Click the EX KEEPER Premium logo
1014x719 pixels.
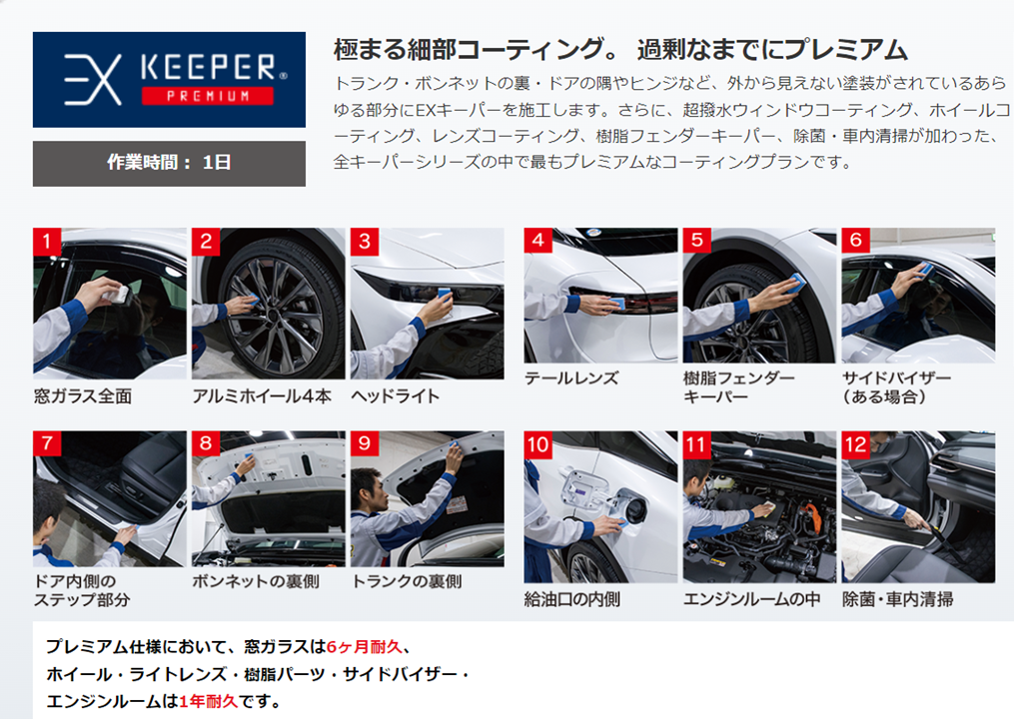tap(169, 80)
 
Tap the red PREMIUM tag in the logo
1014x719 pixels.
tap(208, 96)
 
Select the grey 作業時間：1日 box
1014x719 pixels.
tap(169, 163)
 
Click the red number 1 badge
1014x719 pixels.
tap(47, 242)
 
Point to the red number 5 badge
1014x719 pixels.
tap(696, 241)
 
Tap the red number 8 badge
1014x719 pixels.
tap(206, 444)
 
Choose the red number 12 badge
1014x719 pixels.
tap(855, 444)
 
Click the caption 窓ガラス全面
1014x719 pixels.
tap(83, 396)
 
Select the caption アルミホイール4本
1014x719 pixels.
tap(262, 396)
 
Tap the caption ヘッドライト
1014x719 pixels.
tap(396, 396)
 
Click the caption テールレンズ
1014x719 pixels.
tap(571, 378)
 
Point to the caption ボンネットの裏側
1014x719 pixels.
tap(256, 582)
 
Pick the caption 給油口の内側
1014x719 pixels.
tap(572, 600)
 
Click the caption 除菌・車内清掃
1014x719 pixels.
tap(897, 600)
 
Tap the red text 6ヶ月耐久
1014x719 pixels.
tap(364, 646)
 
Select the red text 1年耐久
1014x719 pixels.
tap(208, 701)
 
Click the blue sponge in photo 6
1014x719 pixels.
tap(925, 269)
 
